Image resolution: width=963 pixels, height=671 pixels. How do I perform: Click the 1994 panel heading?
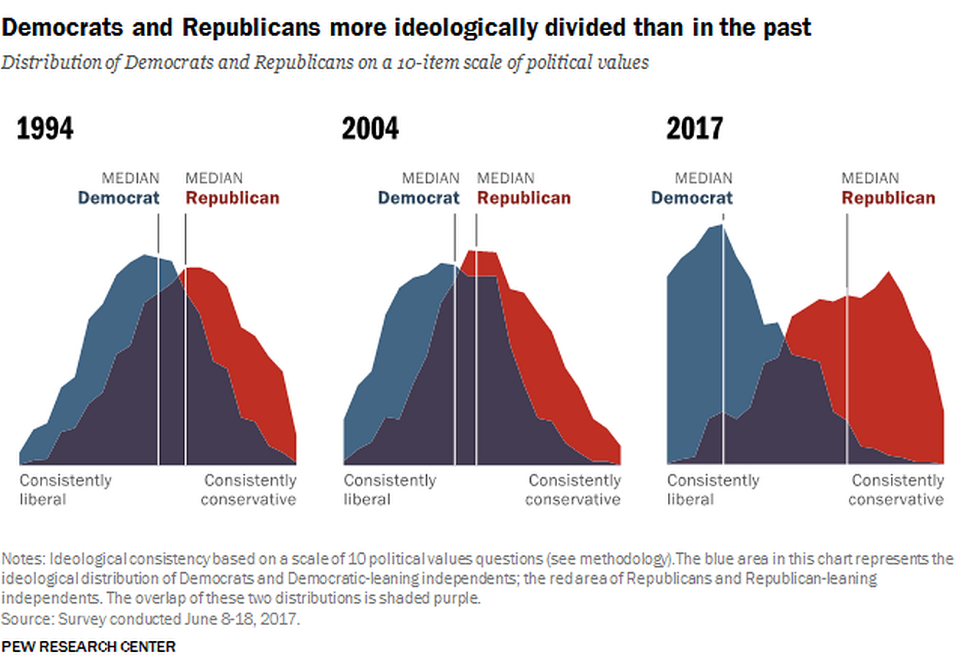pyautogui.click(x=45, y=129)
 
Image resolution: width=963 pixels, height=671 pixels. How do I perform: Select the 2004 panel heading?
pyautogui.click(x=370, y=129)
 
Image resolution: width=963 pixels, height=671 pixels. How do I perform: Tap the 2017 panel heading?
pyautogui.click(x=694, y=129)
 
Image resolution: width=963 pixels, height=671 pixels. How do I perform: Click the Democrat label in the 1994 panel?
pyautogui.click(x=119, y=198)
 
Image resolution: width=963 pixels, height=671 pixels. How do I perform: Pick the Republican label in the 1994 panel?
pyautogui.click(x=232, y=198)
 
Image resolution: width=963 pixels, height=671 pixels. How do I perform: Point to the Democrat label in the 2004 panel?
pyautogui.click(x=418, y=198)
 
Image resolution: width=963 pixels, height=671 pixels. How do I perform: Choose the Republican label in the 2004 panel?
pyautogui.click(x=524, y=198)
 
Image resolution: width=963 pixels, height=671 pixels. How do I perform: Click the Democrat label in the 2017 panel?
pyautogui.click(x=692, y=198)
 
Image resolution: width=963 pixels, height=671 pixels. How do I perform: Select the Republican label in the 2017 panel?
pyautogui.click(x=888, y=198)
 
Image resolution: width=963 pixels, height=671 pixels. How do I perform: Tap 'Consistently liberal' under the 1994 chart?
pyautogui.click(x=65, y=490)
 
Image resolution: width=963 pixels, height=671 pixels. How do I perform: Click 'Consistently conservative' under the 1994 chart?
pyautogui.click(x=249, y=490)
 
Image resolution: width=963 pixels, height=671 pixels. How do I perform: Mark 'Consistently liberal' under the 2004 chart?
pyautogui.click(x=389, y=490)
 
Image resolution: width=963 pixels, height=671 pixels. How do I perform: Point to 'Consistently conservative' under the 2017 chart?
pyautogui.click(x=896, y=490)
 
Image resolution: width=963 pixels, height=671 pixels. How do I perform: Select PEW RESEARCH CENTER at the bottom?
pyautogui.click(x=89, y=646)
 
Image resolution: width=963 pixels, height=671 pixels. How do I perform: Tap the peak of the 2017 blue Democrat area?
pyautogui.click(x=722, y=225)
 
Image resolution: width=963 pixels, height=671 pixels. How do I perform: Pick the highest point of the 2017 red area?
pyautogui.click(x=889, y=272)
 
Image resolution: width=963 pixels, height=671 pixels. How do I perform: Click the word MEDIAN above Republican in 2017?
pyautogui.click(x=870, y=178)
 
